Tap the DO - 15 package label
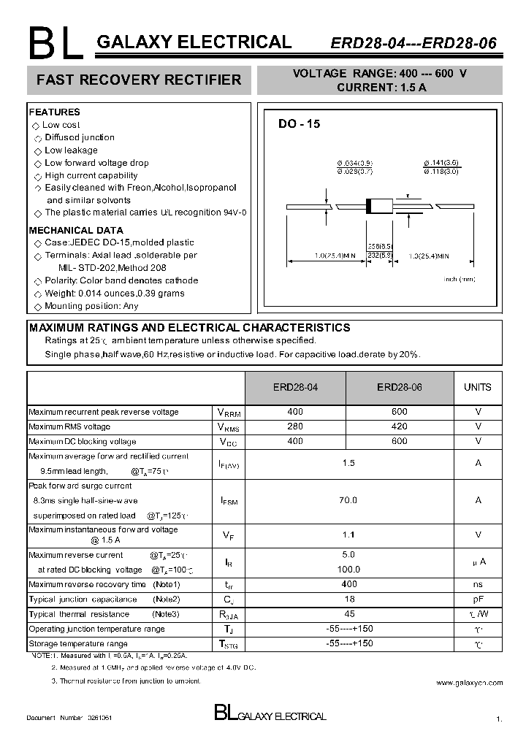298,124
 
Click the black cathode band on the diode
370,207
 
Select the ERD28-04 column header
295,387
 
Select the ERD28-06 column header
399,387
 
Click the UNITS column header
478,387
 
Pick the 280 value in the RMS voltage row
295,426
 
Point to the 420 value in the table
399,426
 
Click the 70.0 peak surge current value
348,500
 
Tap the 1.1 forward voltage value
348,535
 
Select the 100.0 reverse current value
348,569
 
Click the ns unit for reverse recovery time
478,584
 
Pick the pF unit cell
478,599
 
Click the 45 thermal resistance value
348,614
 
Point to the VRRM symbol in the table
229,413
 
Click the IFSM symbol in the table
229,501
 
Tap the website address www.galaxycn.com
469,683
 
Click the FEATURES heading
54,112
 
